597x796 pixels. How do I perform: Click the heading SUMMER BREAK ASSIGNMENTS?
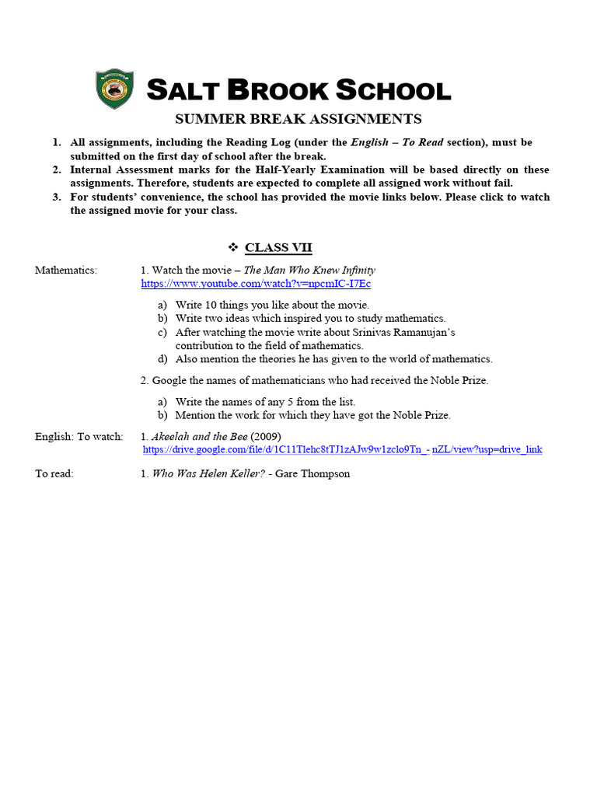[298, 119]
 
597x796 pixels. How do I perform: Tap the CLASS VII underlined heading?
[278, 248]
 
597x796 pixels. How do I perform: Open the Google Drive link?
[343, 449]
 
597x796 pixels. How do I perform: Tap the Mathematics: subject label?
[66, 271]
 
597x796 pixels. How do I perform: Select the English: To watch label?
[79, 436]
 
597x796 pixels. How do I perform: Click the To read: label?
[54, 473]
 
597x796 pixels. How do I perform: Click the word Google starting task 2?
[169, 380]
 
